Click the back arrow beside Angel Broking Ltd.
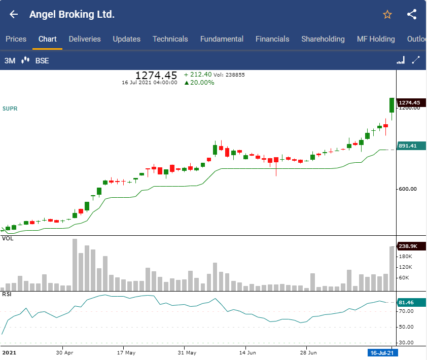coord(14,14)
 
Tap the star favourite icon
coord(387,15)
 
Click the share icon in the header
coord(412,14)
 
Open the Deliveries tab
coord(85,39)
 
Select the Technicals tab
coord(170,39)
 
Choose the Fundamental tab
coord(222,39)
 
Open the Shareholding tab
coord(323,39)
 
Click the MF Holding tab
coord(376,39)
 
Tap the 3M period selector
coord(10,61)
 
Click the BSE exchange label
coord(42,61)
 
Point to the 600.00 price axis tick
coord(407,189)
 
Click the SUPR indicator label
coord(10,109)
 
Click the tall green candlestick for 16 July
coord(392,105)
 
